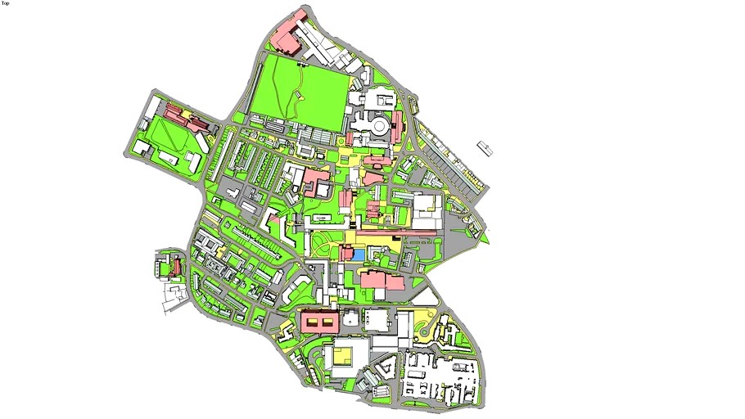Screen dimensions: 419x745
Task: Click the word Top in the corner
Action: point(6,3)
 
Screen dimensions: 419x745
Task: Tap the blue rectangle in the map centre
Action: point(358,255)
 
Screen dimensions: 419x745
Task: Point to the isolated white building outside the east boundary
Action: point(485,148)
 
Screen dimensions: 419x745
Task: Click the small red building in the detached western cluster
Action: point(174,267)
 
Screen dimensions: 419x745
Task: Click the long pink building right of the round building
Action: point(397,127)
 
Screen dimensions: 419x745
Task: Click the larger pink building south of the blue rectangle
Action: point(373,280)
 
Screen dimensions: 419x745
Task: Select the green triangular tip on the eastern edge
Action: point(484,240)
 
